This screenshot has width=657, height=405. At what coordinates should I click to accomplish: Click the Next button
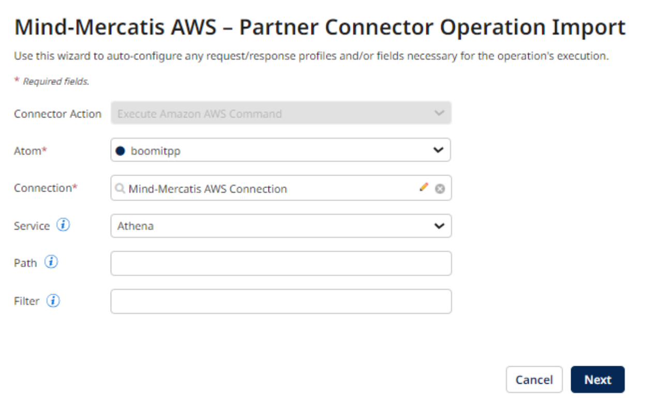point(598,380)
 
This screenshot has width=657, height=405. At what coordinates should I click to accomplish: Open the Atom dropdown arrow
point(438,150)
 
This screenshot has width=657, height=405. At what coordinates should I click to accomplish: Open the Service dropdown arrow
point(439,226)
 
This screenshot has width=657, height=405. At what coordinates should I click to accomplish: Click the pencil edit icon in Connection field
point(424,187)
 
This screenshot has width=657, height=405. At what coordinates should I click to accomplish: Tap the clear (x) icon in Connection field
point(440,189)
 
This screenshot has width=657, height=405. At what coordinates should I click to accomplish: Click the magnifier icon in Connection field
point(120,189)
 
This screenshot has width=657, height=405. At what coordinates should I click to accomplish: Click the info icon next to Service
point(63,225)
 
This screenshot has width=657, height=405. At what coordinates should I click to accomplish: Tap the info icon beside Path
point(51,263)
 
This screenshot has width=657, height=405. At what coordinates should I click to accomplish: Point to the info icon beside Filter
point(53,300)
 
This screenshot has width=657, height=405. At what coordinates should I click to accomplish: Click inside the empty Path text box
point(281,263)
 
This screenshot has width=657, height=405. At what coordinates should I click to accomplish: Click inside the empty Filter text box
point(281,301)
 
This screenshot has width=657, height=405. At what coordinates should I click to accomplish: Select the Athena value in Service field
point(136,226)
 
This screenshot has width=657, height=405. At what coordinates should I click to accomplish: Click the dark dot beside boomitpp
point(120,151)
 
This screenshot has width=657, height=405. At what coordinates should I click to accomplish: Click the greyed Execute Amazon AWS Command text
point(200,114)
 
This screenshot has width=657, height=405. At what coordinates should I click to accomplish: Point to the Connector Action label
point(57,114)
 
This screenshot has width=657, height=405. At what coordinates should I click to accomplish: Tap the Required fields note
point(55,82)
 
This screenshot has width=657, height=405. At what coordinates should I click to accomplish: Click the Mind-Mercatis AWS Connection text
point(207,189)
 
